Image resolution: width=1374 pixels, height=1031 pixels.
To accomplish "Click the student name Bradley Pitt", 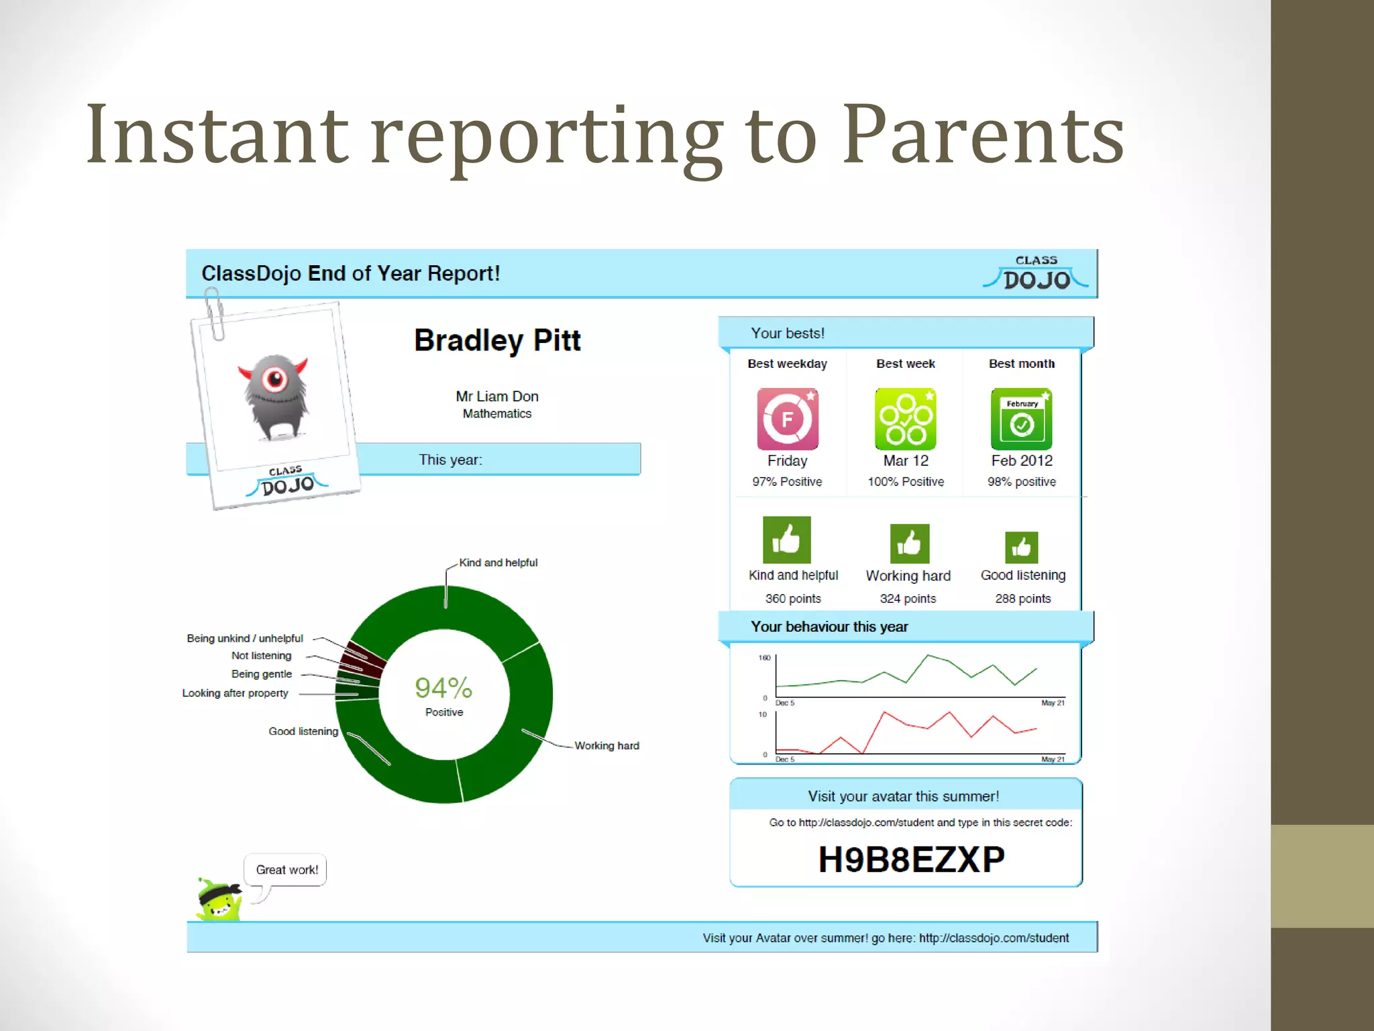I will tap(497, 340).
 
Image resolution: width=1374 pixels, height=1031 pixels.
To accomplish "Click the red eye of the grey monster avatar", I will tap(274, 379).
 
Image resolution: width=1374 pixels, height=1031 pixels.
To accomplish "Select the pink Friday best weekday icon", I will tap(787, 419).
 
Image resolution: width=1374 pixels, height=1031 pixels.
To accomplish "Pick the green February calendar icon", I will tap(1021, 419).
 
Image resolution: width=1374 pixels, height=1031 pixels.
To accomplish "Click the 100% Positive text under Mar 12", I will tap(905, 481).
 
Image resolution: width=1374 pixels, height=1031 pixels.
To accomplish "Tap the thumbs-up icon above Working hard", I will tap(909, 543).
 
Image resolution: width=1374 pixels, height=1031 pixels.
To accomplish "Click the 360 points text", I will tap(792, 598).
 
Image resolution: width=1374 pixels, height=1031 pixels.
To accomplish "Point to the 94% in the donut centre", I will tap(443, 687).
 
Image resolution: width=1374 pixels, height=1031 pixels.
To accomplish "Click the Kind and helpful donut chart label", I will tap(498, 562).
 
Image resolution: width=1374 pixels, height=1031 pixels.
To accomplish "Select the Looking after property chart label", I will tap(235, 693).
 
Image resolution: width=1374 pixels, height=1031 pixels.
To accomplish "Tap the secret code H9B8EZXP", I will tap(911, 859).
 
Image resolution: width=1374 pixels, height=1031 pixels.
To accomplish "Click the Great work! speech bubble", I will tap(286, 870).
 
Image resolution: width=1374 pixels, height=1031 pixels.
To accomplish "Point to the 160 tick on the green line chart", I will tap(764, 658).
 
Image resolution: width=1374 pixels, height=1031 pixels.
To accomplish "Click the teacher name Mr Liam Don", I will tap(496, 396).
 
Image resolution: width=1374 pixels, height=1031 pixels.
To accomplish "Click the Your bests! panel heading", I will tap(787, 333).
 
